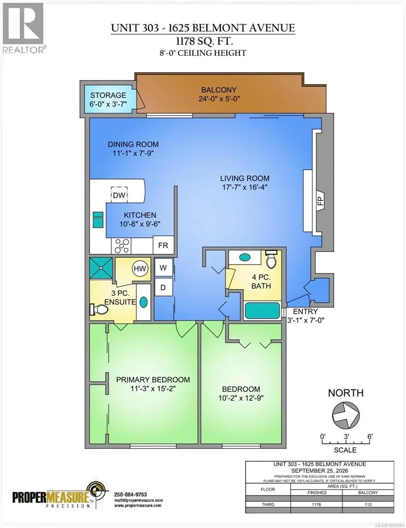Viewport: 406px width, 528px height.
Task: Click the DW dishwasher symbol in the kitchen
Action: click(x=119, y=194)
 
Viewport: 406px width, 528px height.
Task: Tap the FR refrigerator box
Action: click(x=163, y=245)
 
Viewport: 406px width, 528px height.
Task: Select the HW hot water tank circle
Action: click(x=140, y=268)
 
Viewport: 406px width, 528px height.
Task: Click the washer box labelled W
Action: click(x=163, y=267)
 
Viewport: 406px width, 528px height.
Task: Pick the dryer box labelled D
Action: click(x=163, y=287)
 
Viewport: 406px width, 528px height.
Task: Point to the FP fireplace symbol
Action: click(x=321, y=201)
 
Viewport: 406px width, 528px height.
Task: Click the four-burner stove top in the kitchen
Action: click(x=121, y=246)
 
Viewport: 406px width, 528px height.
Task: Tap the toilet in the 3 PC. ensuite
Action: click(x=99, y=309)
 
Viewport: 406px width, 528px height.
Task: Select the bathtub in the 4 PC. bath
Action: click(x=262, y=311)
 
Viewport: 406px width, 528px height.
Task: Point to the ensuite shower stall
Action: click(x=101, y=268)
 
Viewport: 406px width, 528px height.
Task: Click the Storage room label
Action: click(x=108, y=95)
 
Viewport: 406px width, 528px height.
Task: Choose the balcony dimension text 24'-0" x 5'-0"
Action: click(x=219, y=99)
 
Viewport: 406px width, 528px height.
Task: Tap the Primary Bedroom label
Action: click(x=153, y=380)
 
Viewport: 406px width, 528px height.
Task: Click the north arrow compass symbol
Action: click(x=346, y=415)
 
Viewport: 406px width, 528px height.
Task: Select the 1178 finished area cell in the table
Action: click(x=316, y=505)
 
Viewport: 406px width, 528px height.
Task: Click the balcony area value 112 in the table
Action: click(x=368, y=505)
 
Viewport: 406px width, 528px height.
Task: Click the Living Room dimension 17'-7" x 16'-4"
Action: click(x=244, y=187)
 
